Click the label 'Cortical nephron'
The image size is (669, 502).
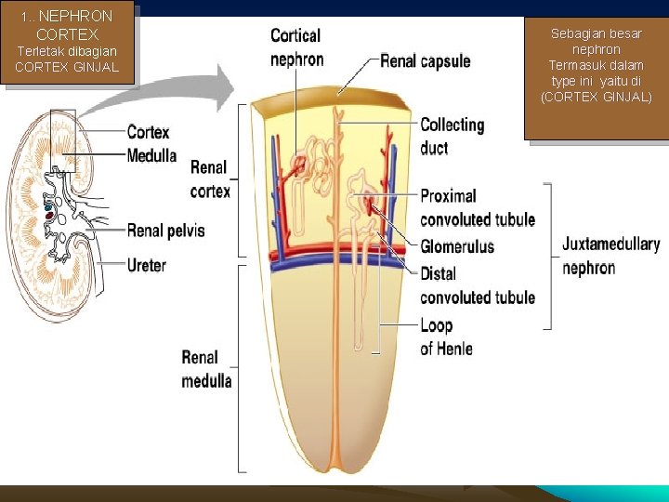point(296,47)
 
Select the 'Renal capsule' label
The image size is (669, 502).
point(426,61)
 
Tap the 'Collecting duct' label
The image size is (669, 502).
point(453,136)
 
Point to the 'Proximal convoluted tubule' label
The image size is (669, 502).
point(478,207)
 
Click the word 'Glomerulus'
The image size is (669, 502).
point(457,246)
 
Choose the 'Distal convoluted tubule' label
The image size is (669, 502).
point(478,285)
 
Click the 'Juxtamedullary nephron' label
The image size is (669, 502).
point(610,256)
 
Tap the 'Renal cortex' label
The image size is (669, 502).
point(210,178)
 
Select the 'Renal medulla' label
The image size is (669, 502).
point(206,368)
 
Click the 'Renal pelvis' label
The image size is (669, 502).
point(165,230)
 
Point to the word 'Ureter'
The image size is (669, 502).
point(147,265)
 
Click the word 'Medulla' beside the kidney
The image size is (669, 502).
point(151,155)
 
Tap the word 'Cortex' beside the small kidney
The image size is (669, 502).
point(149,133)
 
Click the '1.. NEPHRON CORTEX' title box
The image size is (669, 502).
point(68,42)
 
